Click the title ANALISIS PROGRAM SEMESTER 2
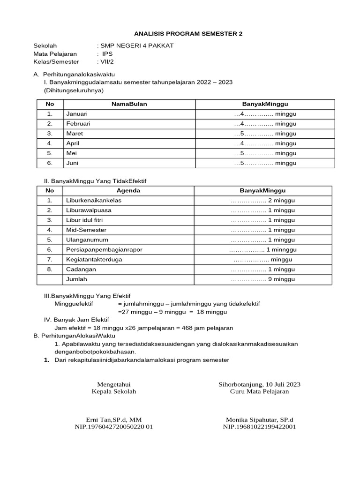(188, 34)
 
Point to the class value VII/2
(105, 61)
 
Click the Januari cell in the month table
(77, 114)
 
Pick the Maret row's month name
(75, 134)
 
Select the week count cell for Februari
(265, 124)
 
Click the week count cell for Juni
(265, 163)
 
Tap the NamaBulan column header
(129, 104)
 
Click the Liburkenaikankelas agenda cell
(94, 201)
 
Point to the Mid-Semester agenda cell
(86, 230)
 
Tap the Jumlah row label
(76, 279)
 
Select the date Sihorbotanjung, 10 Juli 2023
(259, 384)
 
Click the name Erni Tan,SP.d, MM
(114, 420)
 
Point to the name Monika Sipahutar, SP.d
(259, 420)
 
